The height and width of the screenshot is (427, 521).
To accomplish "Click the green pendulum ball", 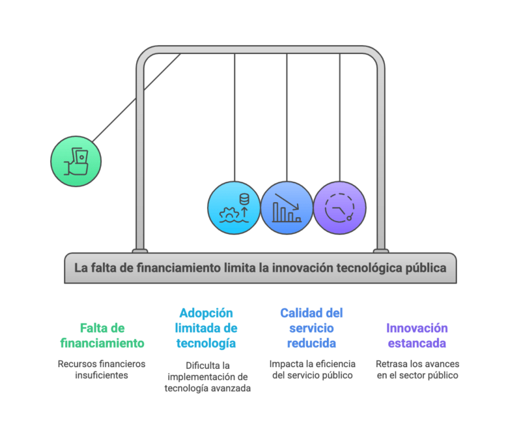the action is tap(76, 161).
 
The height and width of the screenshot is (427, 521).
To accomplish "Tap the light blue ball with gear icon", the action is tap(234, 208).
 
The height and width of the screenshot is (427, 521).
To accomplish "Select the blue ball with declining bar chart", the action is tap(287, 208).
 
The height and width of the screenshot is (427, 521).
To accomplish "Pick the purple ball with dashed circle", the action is tap(339, 208).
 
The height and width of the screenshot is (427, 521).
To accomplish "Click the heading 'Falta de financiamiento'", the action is tap(102, 336).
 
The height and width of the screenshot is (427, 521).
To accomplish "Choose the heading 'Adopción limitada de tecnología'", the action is tap(206, 328).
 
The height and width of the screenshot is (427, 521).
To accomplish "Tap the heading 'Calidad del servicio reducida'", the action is tap(311, 328).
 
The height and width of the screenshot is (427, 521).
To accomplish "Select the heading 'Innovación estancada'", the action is tap(417, 336).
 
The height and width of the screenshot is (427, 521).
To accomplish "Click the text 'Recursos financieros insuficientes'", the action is tap(102, 370).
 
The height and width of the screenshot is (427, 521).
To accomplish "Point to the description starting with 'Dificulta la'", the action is tap(208, 377).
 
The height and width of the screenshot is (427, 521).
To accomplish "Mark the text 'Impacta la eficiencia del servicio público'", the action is tap(313, 370).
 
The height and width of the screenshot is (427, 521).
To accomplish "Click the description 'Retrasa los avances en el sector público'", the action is tap(417, 370).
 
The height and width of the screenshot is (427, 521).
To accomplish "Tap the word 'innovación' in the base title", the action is tap(302, 268).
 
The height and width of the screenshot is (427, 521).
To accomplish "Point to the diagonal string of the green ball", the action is tap(137, 98).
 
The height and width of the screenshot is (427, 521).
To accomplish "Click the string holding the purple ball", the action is tap(339, 117).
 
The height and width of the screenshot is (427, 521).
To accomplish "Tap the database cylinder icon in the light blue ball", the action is tap(244, 199).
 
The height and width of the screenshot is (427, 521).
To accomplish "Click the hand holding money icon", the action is tap(76, 162).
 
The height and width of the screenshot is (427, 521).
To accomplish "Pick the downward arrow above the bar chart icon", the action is tap(287, 201).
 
